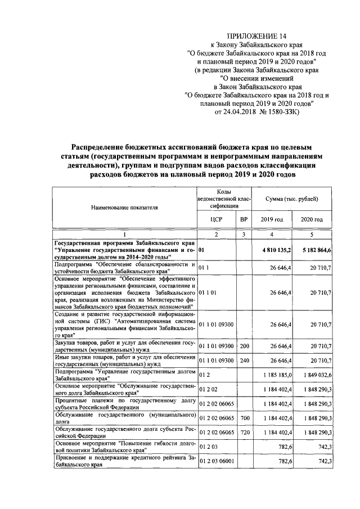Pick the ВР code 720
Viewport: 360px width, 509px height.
(244, 431)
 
